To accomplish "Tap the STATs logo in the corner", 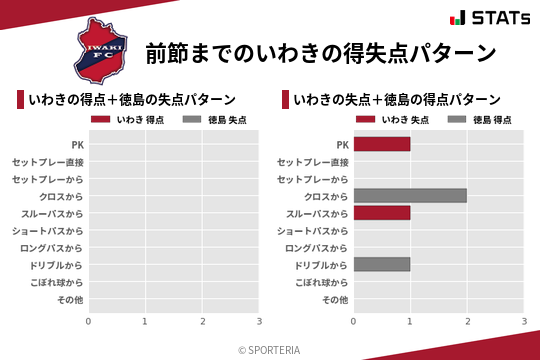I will click(x=489, y=18).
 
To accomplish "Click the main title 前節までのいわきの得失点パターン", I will click(x=321, y=52).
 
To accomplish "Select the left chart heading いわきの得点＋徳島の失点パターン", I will click(x=133, y=99).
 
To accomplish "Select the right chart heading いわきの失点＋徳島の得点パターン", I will click(x=397, y=99).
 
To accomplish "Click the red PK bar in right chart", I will click(x=382, y=144).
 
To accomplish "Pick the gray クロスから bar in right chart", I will click(x=410, y=196).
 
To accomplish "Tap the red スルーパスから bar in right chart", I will click(x=382, y=213).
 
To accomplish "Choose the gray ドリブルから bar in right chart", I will click(x=382, y=265).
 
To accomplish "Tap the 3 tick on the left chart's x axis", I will click(x=259, y=321).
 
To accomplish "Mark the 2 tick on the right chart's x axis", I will click(x=467, y=321).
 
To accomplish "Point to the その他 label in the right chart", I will click(x=334, y=300).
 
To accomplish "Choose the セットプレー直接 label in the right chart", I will click(x=313, y=162).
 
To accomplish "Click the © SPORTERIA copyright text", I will click(x=270, y=350).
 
